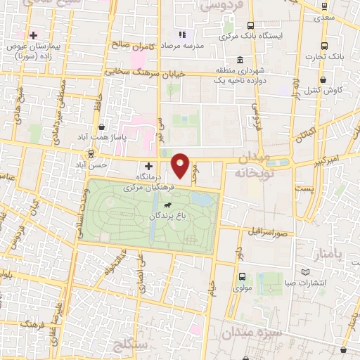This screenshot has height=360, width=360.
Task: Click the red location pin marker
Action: coord(182,166)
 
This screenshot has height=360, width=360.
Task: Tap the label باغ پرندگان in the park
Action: coord(165,217)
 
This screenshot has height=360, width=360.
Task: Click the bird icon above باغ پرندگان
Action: coord(167,205)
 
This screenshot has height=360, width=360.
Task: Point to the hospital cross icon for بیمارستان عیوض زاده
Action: coord(33,34)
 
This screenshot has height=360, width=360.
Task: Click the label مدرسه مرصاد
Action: coord(203,44)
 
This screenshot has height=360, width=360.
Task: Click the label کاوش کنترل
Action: coord(323,91)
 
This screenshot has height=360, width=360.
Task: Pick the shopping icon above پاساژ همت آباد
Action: coord(103,127)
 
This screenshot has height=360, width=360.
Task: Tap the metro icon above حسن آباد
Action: coord(90,153)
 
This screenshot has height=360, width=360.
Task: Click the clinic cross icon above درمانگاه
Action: coord(148,167)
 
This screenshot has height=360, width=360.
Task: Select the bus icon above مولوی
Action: coord(242,276)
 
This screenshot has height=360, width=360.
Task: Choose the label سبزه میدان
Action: coord(250,331)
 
